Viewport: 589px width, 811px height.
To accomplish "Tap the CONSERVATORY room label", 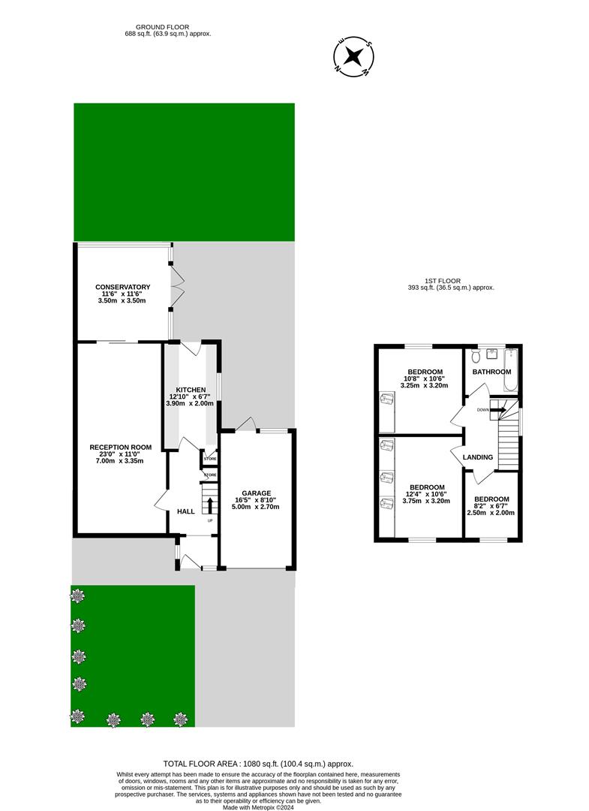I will pyautogui.click(x=122, y=287).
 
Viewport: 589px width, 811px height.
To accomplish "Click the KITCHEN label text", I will pyautogui.click(x=191, y=390).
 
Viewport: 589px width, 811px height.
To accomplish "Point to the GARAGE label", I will pyautogui.click(x=256, y=493).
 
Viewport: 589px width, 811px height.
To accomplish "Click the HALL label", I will pyautogui.click(x=185, y=511).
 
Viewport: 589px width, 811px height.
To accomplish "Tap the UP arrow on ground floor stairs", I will pyautogui.click(x=210, y=504).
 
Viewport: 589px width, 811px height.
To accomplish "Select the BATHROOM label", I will pyautogui.click(x=491, y=372).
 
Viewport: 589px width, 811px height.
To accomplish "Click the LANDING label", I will pyautogui.click(x=478, y=457).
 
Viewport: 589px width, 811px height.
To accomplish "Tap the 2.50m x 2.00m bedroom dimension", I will pyautogui.click(x=491, y=513).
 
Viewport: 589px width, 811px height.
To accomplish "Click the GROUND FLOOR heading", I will pyautogui.click(x=168, y=27).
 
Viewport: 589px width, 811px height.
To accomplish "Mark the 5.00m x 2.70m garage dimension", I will pyautogui.click(x=256, y=507).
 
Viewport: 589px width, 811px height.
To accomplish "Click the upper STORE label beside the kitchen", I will pyautogui.click(x=210, y=458).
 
